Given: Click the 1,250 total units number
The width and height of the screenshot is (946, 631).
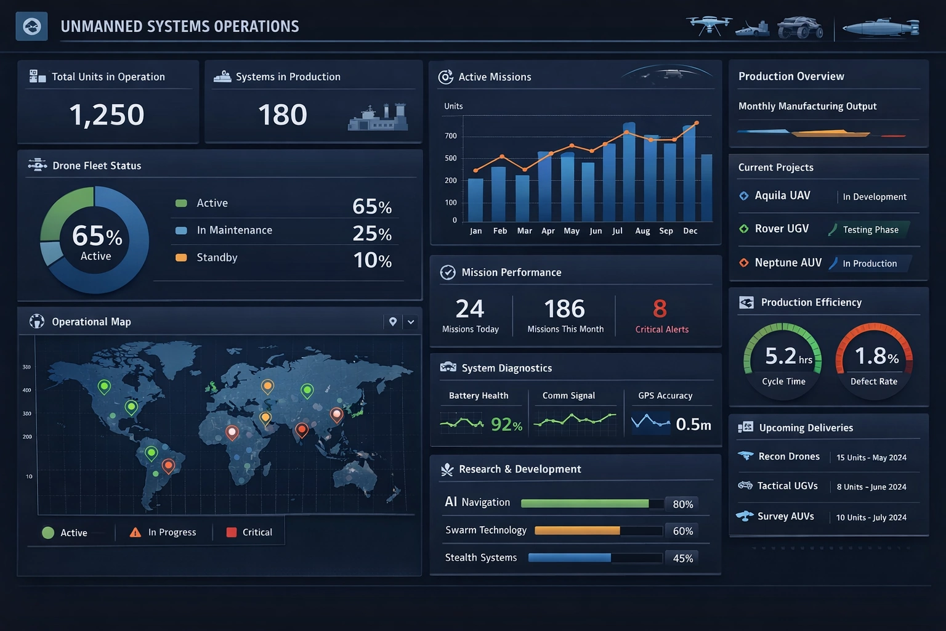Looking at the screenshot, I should pyautogui.click(x=107, y=115).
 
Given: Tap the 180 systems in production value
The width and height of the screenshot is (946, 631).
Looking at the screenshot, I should pyautogui.click(x=282, y=115).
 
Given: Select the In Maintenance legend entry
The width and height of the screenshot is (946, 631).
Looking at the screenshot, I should pyautogui.click(x=234, y=230).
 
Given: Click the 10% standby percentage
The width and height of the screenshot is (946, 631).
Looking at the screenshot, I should pyautogui.click(x=372, y=260).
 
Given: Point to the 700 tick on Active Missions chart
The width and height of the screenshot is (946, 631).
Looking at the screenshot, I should pyautogui.click(x=451, y=136).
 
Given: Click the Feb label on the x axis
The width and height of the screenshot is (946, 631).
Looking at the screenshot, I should pyautogui.click(x=500, y=231).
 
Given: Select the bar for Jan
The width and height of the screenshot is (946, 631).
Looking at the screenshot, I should pyautogui.click(x=475, y=200).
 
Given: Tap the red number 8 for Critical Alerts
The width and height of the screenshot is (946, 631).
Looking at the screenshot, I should pyautogui.click(x=660, y=309).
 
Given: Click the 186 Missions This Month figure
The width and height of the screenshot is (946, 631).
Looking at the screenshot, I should pyautogui.click(x=564, y=309).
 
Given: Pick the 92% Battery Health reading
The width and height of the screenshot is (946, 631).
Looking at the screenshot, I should pyautogui.click(x=506, y=425).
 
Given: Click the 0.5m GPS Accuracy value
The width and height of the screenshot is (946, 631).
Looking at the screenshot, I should pyautogui.click(x=693, y=425).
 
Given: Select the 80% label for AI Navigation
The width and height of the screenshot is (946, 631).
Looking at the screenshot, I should pyautogui.click(x=682, y=505).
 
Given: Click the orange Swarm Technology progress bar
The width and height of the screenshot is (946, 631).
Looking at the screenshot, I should pyautogui.click(x=577, y=531).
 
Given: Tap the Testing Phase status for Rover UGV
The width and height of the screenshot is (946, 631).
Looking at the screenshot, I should pyautogui.click(x=870, y=230).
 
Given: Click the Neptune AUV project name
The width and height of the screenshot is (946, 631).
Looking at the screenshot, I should pyautogui.click(x=788, y=263).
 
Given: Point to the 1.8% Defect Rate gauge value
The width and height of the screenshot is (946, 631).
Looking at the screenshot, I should pyautogui.click(x=876, y=356).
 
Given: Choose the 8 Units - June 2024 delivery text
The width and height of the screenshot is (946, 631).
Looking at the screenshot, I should pyautogui.click(x=871, y=487).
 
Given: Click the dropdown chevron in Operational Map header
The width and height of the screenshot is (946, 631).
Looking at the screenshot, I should pyautogui.click(x=411, y=322).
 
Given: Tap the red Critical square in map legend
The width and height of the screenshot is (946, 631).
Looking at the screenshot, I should pyautogui.click(x=232, y=532).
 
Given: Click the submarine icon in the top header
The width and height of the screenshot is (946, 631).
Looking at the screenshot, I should pyautogui.click(x=880, y=28).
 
